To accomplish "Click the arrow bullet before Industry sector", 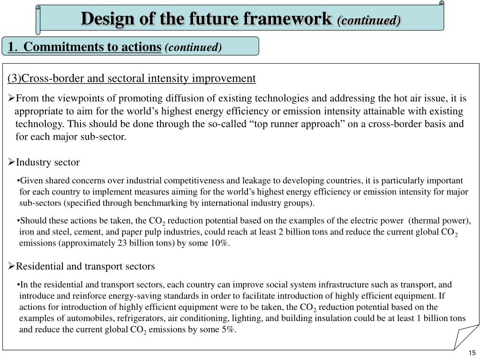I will pyautogui.click(x=12, y=162).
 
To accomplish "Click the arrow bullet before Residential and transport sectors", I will pyautogui.click(x=12, y=266).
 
